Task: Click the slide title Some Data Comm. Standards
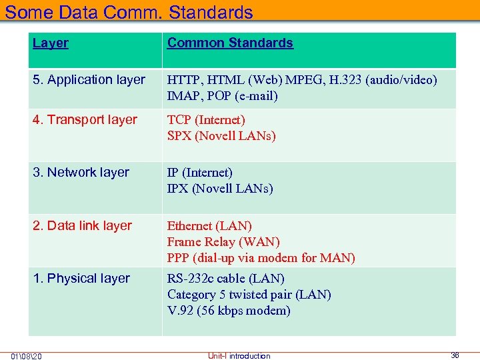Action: [x=129, y=12]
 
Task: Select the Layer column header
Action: [x=51, y=43]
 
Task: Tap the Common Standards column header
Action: [x=230, y=43]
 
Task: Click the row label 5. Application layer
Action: [x=89, y=80]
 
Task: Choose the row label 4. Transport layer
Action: [x=85, y=120]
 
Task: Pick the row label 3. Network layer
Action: [x=81, y=173]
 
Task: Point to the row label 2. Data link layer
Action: [x=82, y=226]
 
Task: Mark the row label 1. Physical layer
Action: [x=81, y=279]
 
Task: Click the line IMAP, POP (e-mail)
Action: [x=222, y=96]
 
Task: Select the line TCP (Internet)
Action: [x=206, y=120]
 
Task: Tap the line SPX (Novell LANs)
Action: [x=221, y=136]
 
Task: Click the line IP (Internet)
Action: [x=200, y=173]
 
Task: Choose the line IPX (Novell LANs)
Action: [x=220, y=189]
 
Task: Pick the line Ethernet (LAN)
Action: [x=209, y=226]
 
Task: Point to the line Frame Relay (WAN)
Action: [x=223, y=242]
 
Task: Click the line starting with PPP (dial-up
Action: [x=261, y=258]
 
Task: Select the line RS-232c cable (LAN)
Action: [x=226, y=279]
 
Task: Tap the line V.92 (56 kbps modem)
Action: [x=229, y=311]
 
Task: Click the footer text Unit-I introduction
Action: [x=239, y=356]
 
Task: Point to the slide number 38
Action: [x=455, y=355]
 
